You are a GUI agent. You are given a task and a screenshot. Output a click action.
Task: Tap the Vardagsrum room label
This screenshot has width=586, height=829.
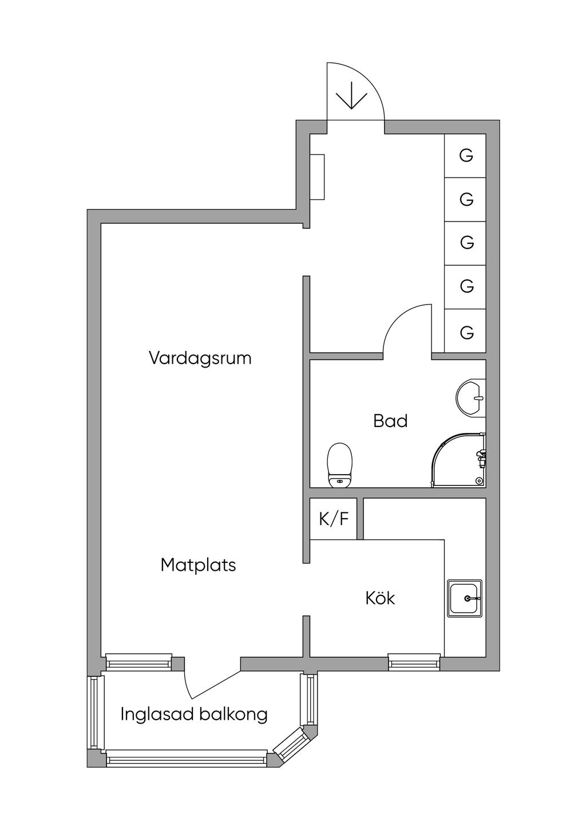200,358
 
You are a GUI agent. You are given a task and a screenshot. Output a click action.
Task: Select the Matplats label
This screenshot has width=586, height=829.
198,565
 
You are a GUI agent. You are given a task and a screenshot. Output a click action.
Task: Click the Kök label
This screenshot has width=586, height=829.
380,598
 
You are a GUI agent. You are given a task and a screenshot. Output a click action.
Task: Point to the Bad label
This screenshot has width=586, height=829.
390,421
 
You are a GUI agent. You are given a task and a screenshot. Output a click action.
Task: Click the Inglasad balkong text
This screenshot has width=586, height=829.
194,714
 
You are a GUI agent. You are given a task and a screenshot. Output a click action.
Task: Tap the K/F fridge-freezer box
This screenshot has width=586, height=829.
334,519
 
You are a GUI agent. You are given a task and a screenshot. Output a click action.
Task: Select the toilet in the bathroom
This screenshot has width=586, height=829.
339,464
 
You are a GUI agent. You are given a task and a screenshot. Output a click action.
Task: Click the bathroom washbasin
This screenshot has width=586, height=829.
471,396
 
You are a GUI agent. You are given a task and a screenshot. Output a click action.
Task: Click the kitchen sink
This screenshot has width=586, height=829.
465,598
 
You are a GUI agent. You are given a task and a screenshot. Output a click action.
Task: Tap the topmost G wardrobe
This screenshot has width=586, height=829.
466,156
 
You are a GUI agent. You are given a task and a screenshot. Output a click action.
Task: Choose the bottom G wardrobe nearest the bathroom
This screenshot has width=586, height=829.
466,331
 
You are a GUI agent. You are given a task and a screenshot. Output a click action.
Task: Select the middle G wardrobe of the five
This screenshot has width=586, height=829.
466,243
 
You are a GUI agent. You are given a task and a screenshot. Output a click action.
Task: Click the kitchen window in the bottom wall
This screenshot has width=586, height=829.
414,663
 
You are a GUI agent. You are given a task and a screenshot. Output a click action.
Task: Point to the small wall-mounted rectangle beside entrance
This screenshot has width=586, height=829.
317,177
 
